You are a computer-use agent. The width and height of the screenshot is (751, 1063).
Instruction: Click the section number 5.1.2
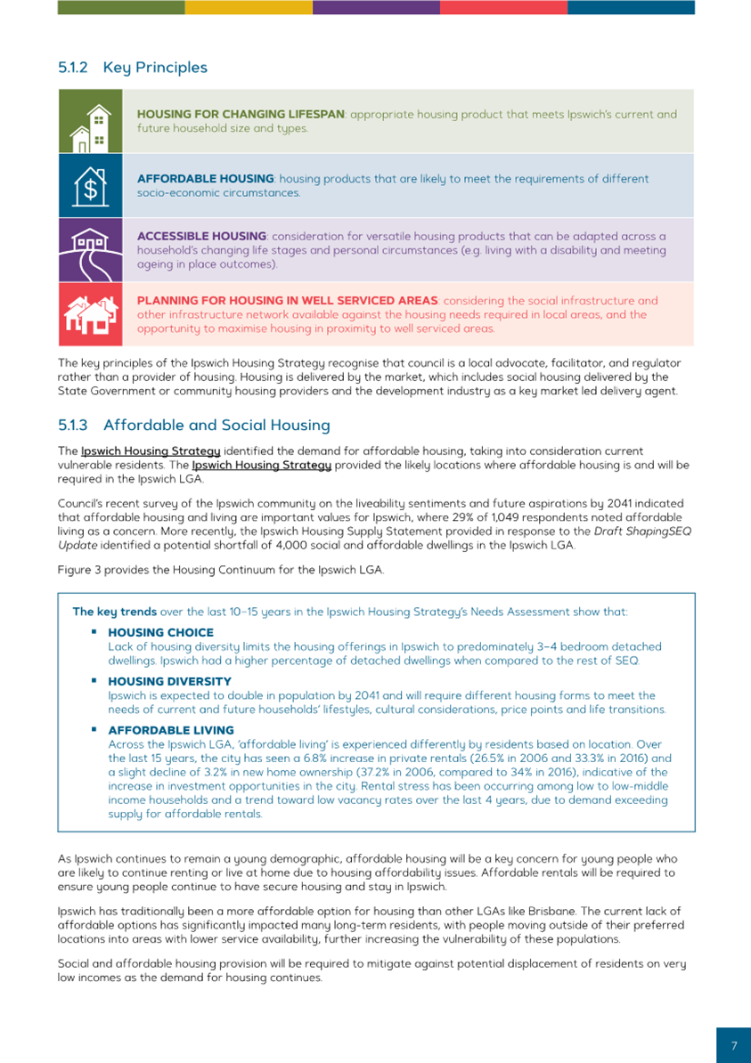click(74, 68)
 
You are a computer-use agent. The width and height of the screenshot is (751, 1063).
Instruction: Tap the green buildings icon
click(90, 121)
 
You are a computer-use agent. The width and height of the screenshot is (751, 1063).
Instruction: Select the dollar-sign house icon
click(90, 185)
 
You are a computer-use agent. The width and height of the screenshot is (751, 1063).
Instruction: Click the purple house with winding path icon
click(90, 249)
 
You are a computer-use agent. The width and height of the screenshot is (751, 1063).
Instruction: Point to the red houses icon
click(90, 314)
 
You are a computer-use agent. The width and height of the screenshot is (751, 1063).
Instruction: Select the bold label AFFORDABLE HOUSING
click(207, 179)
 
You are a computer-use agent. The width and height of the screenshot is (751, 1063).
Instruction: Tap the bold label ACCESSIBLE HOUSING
click(201, 236)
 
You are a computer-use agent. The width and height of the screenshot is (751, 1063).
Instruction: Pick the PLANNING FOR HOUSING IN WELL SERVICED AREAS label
click(287, 301)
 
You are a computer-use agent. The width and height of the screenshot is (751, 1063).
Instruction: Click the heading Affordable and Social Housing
click(216, 426)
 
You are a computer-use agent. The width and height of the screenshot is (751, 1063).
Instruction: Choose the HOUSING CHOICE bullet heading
click(160, 633)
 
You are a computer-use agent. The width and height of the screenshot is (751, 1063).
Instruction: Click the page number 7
click(734, 1046)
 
